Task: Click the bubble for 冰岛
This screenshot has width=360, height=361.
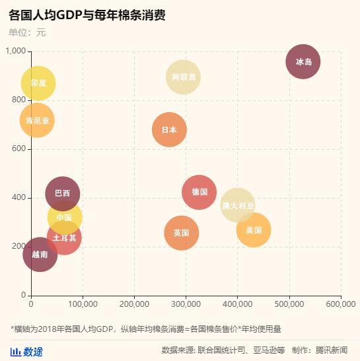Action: [303, 62]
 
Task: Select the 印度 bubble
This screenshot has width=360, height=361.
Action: [38, 83]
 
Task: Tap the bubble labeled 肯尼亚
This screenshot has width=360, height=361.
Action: [37, 120]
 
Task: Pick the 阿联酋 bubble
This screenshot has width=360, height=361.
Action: [184, 77]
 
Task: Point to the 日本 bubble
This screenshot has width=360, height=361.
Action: [169, 129]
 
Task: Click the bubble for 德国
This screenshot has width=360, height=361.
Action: [199, 192]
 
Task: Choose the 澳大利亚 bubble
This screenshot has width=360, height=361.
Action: [238, 205]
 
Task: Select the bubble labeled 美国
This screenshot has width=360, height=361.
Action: [254, 230]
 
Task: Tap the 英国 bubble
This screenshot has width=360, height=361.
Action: [182, 233]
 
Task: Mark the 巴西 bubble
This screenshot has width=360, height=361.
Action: [62, 193]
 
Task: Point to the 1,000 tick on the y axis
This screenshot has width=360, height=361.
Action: [14, 51]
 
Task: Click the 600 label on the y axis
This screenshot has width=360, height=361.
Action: [18, 149]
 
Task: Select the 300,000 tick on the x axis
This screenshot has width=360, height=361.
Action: [186, 304]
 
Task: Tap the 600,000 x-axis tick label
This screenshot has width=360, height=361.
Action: [341, 304]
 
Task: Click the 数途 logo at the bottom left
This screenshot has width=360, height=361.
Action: [27, 351]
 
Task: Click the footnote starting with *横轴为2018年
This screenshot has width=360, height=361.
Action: [145, 329]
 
